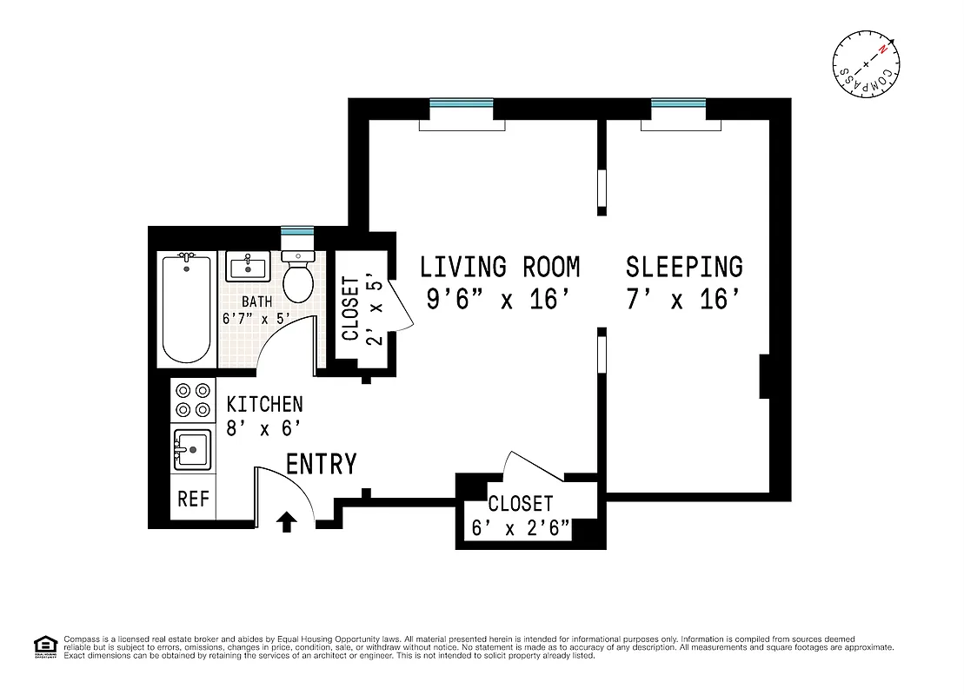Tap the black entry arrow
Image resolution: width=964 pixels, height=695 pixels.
[287, 520]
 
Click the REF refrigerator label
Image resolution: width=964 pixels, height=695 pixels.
[193, 499]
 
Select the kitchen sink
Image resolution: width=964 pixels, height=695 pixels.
[192, 449]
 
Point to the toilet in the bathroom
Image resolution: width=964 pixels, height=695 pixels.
[298, 276]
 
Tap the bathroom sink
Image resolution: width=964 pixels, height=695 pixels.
[250, 266]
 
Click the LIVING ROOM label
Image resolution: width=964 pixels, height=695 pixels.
[499, 266]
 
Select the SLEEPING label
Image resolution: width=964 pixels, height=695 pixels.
[684, 266]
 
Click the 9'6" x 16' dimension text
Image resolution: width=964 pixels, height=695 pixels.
[499, 300]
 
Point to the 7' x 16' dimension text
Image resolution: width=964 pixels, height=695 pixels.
[684, 300]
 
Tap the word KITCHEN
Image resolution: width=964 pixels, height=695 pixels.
[264, 404]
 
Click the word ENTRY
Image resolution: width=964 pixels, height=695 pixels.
[321, 465]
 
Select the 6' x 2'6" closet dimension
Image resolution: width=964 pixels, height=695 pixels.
[521, 526]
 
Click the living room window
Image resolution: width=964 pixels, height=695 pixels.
[462, 104]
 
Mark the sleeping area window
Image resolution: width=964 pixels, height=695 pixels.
[678, 104]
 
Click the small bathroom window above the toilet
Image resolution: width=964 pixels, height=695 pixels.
[296, 232]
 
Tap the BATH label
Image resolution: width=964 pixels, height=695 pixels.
[256, 301]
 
